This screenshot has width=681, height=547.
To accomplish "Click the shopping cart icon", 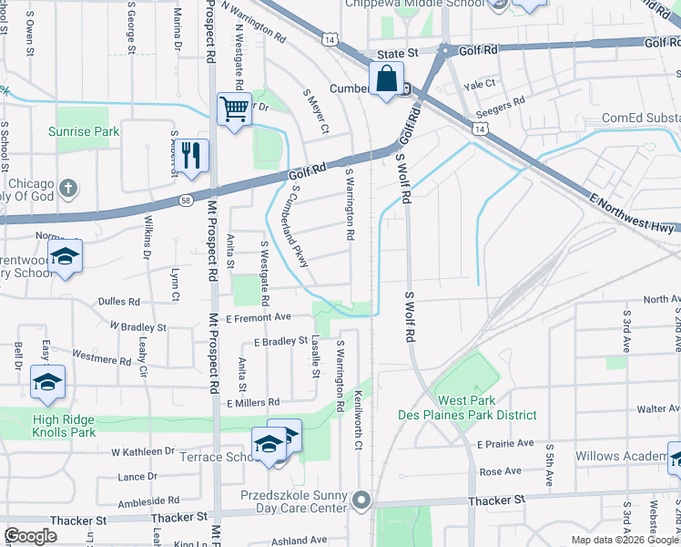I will [x=235, y=110].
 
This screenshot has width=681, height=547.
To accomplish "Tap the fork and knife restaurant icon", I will [x=190, y=154].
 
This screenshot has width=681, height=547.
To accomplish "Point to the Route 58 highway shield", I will [x=185, y=200].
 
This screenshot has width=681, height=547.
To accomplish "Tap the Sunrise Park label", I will [x=84, y=132].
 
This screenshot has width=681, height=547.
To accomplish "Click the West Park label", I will [x=467, y=401].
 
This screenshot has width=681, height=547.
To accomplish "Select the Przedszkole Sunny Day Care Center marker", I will [x=362, y=500].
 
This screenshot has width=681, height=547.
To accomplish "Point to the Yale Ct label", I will [x=479, y=84].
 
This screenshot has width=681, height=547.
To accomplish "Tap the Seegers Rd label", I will [x=507, y=102].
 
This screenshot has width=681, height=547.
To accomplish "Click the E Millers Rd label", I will [x=253, y=402].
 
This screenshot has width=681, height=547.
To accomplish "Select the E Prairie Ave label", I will [x=505, y=443].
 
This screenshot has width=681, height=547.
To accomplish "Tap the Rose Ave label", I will [x=500, y=471].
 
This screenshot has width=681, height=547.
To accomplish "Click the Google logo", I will [x=31, y=536].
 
